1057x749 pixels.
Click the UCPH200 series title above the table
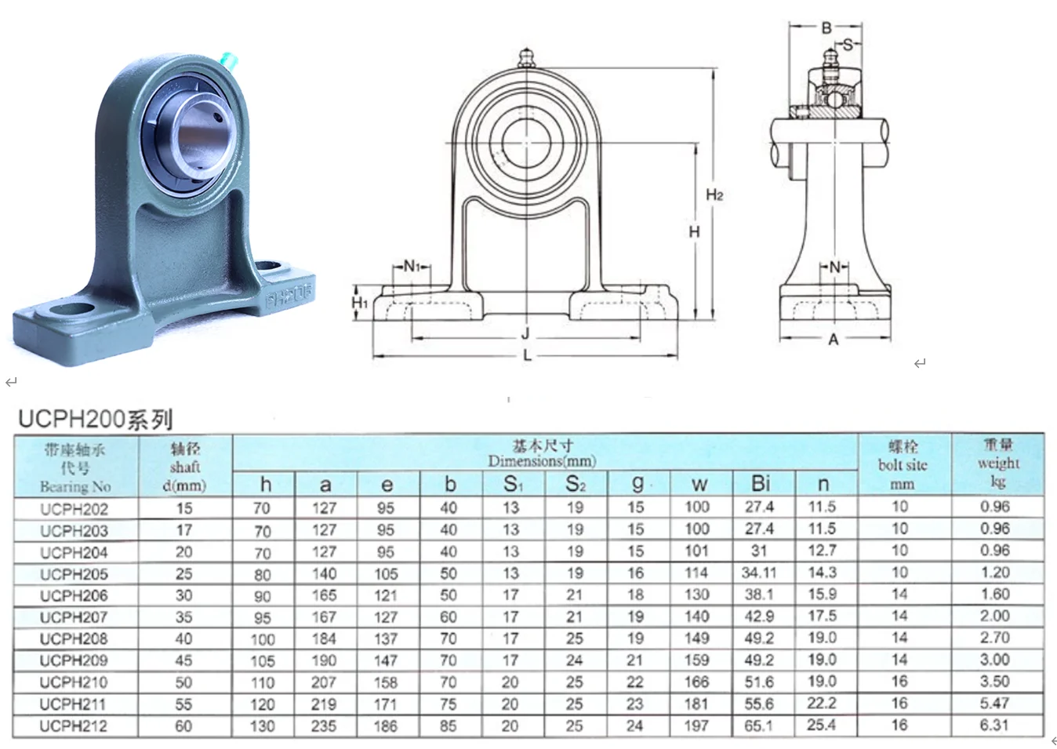point(95,420)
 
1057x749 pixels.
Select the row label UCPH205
point(74,574)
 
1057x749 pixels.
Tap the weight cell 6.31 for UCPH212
point(994,725)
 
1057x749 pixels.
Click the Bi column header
point(760,483)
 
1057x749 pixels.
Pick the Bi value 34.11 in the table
point(759,573)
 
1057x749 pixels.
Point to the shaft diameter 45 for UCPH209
point(183,660)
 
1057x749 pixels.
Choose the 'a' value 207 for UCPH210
point(324,682)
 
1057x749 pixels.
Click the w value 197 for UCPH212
point(696,726)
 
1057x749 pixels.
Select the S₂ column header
point(576,484)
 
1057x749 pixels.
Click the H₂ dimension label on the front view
point(714,195)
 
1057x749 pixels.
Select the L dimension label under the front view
point(527,355)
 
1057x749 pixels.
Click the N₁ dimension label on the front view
point(412,266)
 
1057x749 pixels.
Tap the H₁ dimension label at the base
point(359,302)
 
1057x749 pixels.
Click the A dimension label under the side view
point(833,340)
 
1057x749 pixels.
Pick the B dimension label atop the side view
point(826,28)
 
